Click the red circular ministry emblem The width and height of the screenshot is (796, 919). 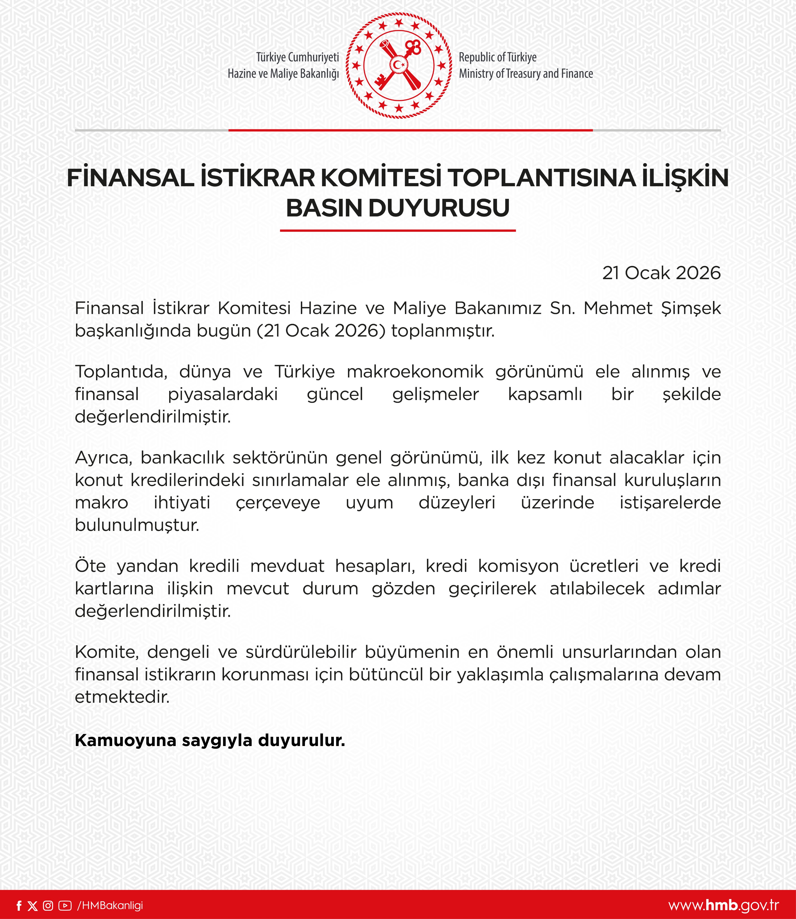(398, 66)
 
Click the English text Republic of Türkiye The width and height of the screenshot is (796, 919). (498, 57)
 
